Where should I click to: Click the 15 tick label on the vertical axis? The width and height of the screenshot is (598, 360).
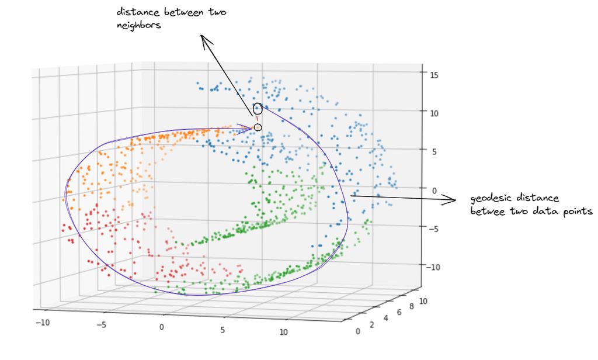tap(434, 74)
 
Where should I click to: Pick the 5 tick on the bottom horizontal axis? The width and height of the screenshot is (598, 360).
tap(222, 330)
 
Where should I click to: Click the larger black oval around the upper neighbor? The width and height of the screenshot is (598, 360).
tap(258, 109)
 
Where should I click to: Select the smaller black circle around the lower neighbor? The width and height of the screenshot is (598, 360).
tap(258, 127)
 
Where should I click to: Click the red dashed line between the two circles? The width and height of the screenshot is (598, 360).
tap(257, 119)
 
